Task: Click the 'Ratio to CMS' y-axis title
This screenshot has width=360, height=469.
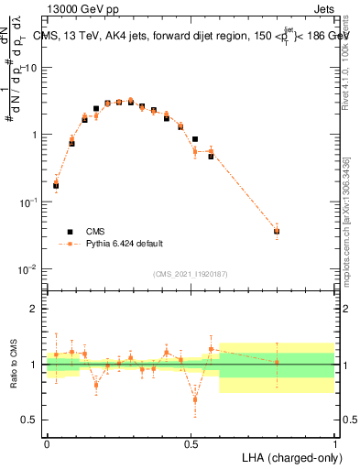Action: click(x=14, y=364)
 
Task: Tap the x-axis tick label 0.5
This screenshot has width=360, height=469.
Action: click(x=191, y=443)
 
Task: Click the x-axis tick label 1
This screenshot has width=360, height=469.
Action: click(x=334, y=443)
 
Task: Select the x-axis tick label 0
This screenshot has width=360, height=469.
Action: click(x=47, y=443)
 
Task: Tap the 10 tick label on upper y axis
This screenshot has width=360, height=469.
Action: click(x=32, y=68)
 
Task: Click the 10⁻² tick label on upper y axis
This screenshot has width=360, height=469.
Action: click(x=30, y=269)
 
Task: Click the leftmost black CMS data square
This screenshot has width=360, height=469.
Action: click(x=56, y=186)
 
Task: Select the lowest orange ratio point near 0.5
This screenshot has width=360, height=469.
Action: click(x=195, y=398)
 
